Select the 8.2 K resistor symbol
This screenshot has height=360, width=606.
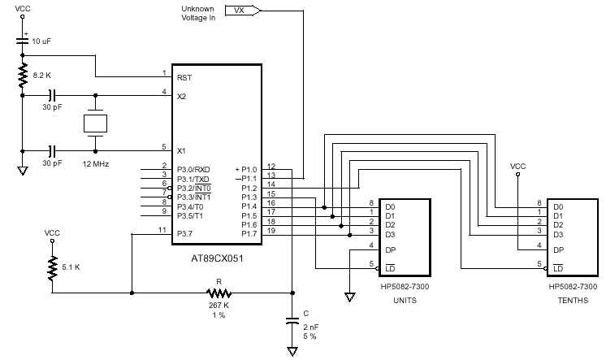22,76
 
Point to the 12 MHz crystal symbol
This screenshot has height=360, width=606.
96,124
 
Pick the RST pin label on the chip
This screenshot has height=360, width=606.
184,78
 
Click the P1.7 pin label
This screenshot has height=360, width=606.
249,234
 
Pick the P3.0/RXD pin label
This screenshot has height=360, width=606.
193,169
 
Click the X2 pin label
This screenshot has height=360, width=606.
181,95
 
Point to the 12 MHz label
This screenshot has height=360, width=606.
95,164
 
